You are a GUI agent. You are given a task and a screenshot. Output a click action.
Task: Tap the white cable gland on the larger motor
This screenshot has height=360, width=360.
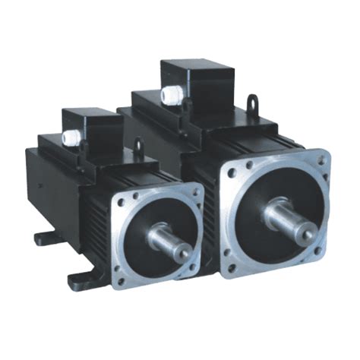point(168,95)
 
